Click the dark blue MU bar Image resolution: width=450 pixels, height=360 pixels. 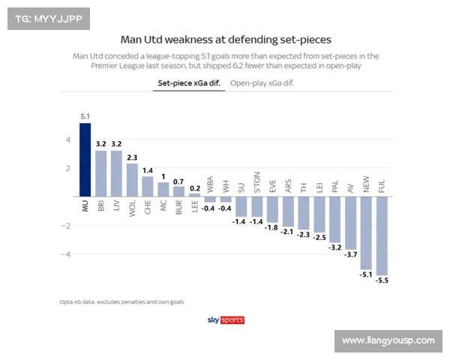[85, 160]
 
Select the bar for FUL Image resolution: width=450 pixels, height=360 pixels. [382, 235]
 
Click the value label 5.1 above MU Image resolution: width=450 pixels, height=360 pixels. [85, 116]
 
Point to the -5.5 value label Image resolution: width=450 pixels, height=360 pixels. [382, 280]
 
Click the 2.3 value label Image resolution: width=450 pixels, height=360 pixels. [132, 157]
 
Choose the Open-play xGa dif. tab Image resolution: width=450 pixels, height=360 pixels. [262, 84]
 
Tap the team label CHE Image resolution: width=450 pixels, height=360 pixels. [148, 206]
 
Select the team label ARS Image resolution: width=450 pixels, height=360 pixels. [288, 187]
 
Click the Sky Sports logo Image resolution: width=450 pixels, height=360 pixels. [225, 320]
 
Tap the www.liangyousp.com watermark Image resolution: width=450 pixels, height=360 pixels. [388, 340]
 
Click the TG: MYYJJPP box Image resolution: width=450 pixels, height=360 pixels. [47, 18]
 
